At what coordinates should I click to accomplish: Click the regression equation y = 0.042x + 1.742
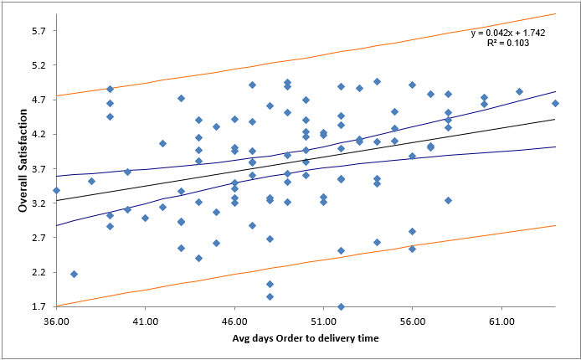(x=507, y=33)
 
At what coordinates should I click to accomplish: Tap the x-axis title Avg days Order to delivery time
(x=306, y=337)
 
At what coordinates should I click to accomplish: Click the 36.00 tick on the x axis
(x=56, y=320)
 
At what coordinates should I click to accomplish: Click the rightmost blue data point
(x=555, y=103)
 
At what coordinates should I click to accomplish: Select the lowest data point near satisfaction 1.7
(x=341, y=306)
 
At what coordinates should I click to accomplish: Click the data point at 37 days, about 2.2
(x=74, y=274)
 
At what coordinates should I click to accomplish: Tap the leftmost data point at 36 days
(x=56, y=190)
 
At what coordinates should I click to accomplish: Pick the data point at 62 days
(x=519, y=91)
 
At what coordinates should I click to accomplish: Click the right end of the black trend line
(x=555, y=120)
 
